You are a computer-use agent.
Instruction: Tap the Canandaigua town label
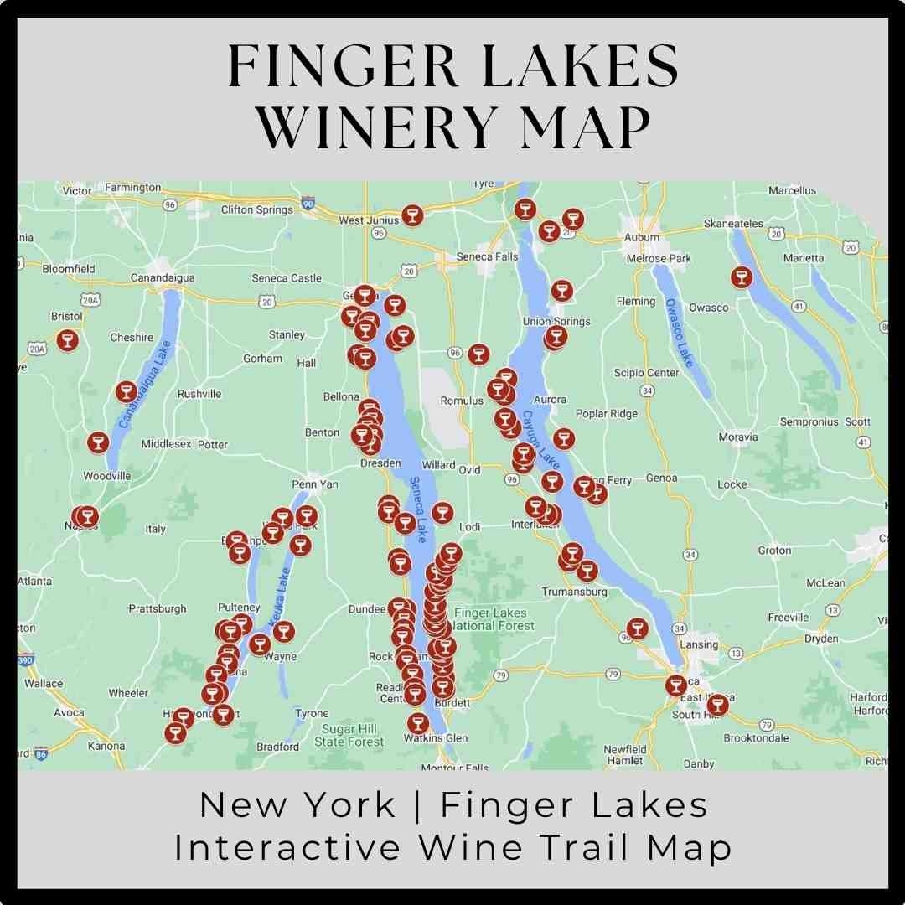163,277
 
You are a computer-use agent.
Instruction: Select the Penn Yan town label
314,484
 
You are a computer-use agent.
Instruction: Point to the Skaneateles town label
733,224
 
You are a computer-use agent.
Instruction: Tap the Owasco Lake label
679,332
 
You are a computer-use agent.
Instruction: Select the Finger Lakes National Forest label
493,619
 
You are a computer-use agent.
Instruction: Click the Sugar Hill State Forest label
349,735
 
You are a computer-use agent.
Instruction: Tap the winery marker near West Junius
411,215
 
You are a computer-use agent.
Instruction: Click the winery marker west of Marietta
741,277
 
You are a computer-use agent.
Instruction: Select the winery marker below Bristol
68,340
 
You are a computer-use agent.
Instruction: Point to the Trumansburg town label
574,592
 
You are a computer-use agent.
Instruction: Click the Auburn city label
642,237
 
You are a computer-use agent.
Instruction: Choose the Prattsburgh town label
158,608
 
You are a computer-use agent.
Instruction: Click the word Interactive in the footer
287,847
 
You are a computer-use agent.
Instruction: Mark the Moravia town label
737,437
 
